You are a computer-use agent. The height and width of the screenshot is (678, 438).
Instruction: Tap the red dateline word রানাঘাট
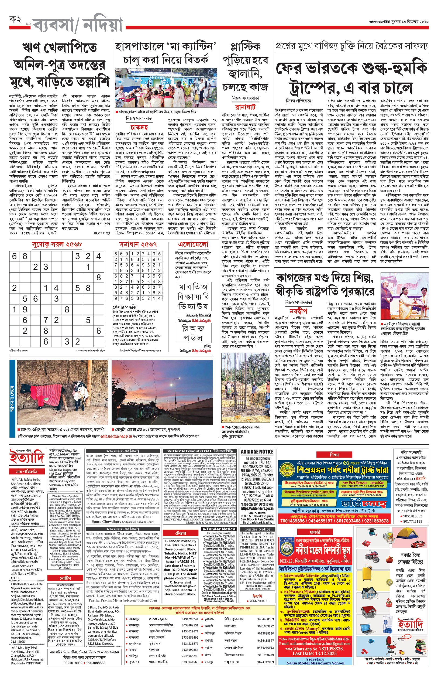[x=245, y=107]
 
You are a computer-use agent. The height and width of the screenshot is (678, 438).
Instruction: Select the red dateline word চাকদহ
[x=139, y=127]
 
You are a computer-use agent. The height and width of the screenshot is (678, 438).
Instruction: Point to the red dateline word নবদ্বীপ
[x=298, y=311]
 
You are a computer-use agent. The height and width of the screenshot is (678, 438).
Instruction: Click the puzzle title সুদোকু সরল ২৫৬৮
[x=57, y=244]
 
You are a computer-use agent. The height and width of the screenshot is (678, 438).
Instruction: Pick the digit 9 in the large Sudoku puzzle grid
[x=25, y=309]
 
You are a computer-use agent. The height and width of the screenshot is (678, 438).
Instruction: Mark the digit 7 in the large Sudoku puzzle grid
[x=46, y=320]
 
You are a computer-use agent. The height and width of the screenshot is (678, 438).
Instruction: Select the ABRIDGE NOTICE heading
[x=257, y=452]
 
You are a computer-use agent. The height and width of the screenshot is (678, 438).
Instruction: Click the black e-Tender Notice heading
[x=219, y=529]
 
